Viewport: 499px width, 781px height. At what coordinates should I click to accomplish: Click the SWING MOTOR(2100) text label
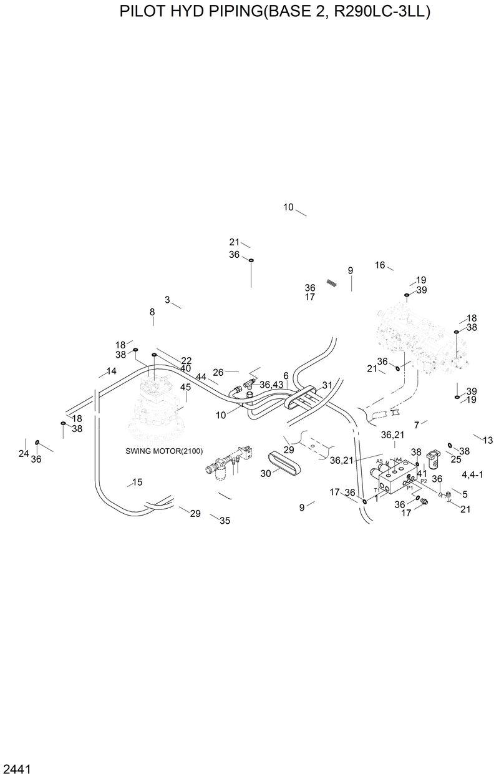(164, 451)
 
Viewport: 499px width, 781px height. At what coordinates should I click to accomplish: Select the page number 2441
(17, 767)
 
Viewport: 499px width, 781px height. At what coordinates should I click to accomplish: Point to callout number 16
(380, 265)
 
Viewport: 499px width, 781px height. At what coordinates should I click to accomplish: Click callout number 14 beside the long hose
(111, 371)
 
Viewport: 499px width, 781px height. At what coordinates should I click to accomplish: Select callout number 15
(137, 482)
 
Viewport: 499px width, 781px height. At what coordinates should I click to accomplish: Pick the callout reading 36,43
(271, 385)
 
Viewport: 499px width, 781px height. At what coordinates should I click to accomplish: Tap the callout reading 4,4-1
(474, 475)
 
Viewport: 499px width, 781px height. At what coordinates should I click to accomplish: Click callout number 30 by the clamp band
(265, 473)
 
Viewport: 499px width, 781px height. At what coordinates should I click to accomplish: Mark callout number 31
(327, 385)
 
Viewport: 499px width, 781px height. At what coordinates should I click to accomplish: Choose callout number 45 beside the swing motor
(185, 387)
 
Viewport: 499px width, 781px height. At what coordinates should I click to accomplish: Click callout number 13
(487, 440)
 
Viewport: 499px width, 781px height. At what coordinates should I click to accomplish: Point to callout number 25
(455, 459)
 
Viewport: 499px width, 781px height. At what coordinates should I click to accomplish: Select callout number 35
(225, 521)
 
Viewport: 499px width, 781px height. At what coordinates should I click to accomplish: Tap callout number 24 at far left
(24, 454)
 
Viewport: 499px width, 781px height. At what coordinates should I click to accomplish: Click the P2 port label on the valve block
(424, 481)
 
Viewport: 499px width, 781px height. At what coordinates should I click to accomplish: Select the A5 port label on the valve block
(379, 461)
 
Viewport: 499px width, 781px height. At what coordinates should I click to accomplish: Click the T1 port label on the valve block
(377, 490)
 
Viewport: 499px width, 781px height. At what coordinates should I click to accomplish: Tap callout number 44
(201, 377)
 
